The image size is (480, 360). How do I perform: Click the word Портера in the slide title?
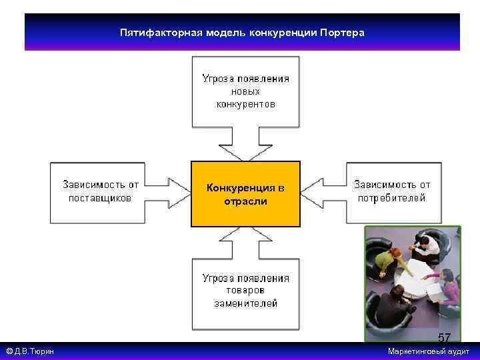tap(342, 32)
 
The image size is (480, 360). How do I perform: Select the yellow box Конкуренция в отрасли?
tap(245, 194)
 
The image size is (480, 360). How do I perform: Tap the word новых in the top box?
tap(245, 91)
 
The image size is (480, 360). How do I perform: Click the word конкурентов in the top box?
tap(245, 105)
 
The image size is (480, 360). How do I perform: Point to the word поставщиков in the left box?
tap(101, 198)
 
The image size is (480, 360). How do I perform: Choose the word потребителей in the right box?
tap(392, 198)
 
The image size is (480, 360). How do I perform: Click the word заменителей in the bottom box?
tap(245, 303)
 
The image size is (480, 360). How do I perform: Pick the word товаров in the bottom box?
tap(245, 291)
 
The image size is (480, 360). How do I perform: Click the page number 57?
tap(444, 337)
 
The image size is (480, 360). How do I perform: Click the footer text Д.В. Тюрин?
tap(33, 351)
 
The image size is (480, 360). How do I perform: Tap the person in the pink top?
tap(447, 286)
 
